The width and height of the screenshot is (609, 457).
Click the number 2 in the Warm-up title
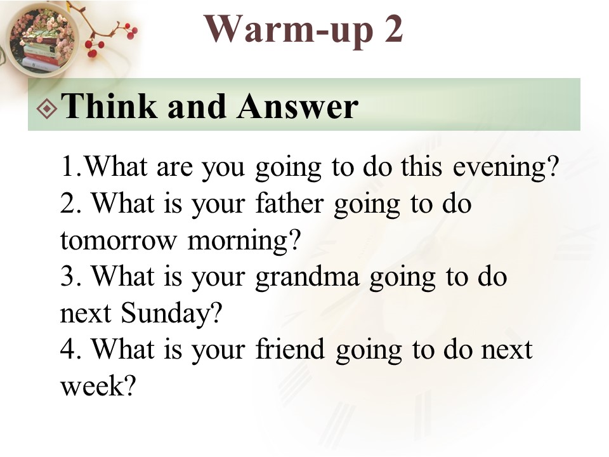[x=394, y=29]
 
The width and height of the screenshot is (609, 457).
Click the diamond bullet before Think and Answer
[x=47, y=109]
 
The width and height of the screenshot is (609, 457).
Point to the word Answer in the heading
[x=298, y=106]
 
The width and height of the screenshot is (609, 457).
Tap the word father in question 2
[x=290, y=203]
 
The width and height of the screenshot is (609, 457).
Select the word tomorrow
[x=119, y=240]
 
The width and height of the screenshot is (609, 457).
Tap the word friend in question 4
[x=290, y=348]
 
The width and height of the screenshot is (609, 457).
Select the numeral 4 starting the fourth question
[x=67, y=348]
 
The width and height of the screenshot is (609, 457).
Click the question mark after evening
[x=553, y=166]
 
